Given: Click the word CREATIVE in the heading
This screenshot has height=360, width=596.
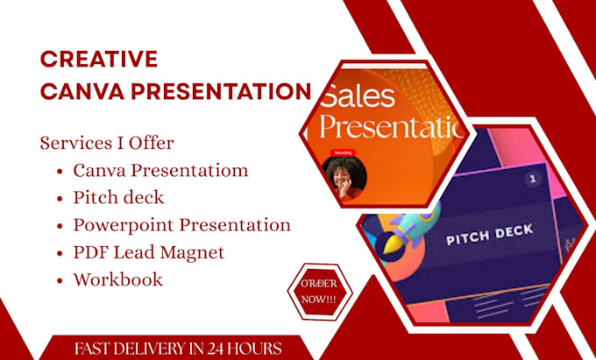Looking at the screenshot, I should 99,59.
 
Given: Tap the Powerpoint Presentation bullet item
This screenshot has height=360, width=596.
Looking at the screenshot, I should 181,224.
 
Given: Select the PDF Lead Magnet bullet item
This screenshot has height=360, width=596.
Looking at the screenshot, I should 149,252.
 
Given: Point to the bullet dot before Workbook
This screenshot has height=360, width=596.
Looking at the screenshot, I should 59,281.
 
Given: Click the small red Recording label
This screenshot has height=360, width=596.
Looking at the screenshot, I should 342,152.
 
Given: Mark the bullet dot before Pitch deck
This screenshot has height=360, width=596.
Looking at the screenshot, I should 59,197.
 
